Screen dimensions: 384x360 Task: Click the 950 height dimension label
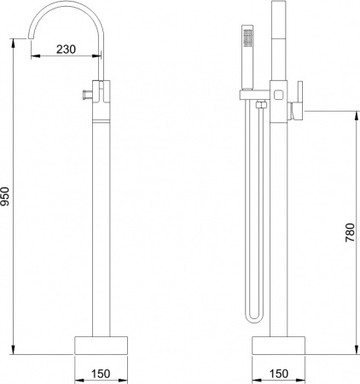coord(8,198)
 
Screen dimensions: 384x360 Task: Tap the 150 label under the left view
coord(101,373)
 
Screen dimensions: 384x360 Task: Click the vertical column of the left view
coord(101,213)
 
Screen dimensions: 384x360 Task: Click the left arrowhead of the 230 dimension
coord(33,58)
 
